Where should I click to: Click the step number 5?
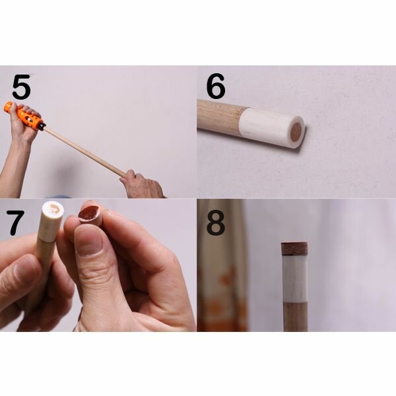coord(22,86)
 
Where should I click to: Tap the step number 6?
coord(215,86)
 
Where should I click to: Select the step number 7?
coord(15,222)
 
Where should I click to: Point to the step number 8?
coord(215,223)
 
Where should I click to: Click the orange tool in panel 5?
coord(24,116)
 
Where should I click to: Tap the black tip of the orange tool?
coord(42,126)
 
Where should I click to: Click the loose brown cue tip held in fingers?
coord(90,214)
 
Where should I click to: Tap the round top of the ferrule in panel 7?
coord(53,209)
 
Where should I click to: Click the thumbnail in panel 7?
coord(88,241)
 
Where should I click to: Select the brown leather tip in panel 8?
coord(294,249)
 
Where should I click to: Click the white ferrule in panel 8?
coord(295,279)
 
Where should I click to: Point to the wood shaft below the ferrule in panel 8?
coord(296,317)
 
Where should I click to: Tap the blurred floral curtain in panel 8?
coord(222,265)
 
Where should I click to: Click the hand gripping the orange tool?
coord(22,126)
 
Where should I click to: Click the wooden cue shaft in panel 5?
coord(86,152)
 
